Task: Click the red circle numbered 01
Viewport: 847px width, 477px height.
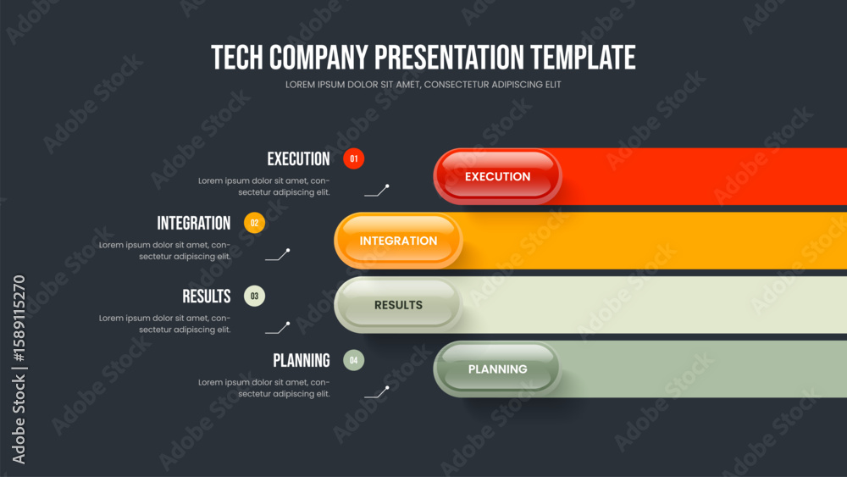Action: [354, 158]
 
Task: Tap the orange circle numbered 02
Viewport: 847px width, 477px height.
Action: [254, 223]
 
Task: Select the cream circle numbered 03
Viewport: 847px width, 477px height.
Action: [254, 296]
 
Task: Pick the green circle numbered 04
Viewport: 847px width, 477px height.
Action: [354, 360]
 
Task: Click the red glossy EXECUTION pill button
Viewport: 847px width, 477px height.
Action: [497, 176]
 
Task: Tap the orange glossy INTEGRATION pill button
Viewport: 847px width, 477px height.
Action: [398, 241]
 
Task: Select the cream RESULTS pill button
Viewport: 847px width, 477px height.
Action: [398, 305]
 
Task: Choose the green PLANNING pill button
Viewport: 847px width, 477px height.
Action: [497, 369]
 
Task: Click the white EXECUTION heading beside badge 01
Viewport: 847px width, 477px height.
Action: [298, 158]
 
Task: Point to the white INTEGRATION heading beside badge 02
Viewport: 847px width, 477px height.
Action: [194, 223]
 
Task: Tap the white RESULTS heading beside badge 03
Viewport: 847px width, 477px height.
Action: [207, 296]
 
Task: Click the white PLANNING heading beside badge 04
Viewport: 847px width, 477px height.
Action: [302, 360]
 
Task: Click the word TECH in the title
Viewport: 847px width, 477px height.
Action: [237, 58]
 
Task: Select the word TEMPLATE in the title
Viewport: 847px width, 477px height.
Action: [583, 58]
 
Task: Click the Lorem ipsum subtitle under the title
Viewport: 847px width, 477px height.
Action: [423, 85]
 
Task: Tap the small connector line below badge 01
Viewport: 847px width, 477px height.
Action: [377, 191]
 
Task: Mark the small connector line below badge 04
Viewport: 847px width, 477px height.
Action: [377, 392]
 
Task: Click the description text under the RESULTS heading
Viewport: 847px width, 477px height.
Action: [165, 324]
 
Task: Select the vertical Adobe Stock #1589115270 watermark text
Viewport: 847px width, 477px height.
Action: [19, 369]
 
